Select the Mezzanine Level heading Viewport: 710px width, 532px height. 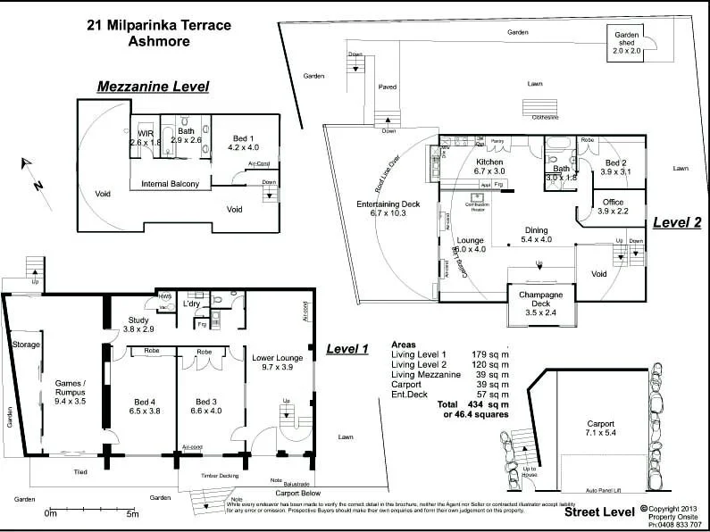tap(153, 87)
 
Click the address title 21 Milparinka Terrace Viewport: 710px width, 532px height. tap(159, 25)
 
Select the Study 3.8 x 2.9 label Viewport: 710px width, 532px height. tap(138, 324)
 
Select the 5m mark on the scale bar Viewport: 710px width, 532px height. tap(132, 514)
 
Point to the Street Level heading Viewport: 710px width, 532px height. tap(598, 512)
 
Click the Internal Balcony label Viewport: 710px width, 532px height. tap(170, 184)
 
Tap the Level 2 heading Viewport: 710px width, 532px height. tap(676, 222)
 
